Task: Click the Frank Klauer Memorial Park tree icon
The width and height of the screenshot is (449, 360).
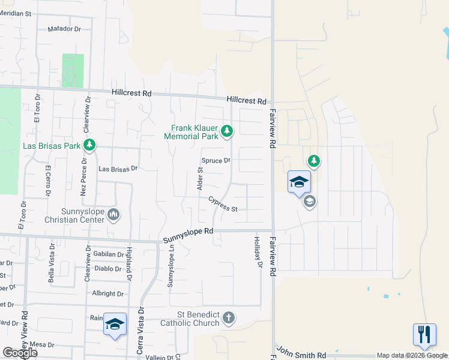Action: click(227, 130)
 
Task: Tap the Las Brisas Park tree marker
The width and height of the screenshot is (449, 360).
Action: click(89, 145)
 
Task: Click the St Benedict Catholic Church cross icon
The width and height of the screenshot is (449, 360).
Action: click(228, 317)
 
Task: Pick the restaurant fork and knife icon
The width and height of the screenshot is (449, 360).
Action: click(424, 334)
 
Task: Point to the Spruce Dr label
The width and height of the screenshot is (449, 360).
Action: click(216, 161)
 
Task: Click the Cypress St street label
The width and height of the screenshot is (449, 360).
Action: click(223, 205)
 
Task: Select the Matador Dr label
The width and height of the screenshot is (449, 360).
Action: click(64, 29)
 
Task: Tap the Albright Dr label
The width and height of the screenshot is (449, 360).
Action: click(108, 294)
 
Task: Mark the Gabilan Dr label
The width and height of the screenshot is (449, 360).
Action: click(109, 254)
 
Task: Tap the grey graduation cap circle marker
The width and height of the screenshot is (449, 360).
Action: click(309, 202)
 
